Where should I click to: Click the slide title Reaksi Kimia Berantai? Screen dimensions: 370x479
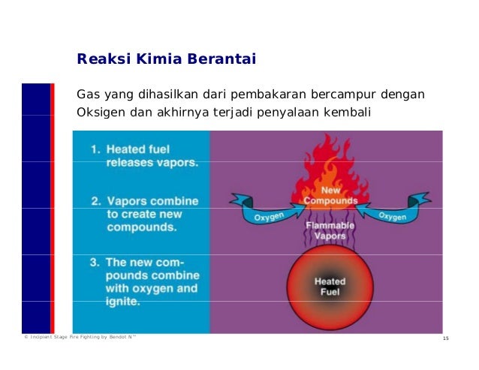167,59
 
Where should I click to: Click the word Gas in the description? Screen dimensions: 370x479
88,95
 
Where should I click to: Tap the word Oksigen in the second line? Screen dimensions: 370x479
101,113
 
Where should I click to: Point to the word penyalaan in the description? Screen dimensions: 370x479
299,113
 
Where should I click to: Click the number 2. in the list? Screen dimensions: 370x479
96,201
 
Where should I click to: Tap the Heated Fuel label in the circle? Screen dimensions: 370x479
329,287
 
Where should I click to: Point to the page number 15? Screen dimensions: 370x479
445,340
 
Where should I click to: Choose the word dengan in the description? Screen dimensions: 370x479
406,95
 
